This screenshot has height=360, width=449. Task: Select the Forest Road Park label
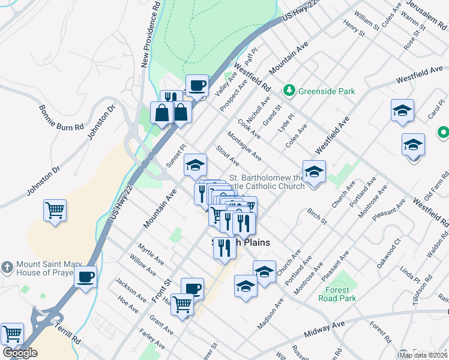341,294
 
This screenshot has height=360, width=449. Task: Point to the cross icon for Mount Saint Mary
7,266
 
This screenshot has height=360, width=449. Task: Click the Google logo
20,352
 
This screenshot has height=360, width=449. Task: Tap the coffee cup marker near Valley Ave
197,86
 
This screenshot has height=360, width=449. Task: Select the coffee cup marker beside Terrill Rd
85,277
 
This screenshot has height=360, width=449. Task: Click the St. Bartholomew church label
268,182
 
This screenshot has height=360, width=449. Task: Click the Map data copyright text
421,354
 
